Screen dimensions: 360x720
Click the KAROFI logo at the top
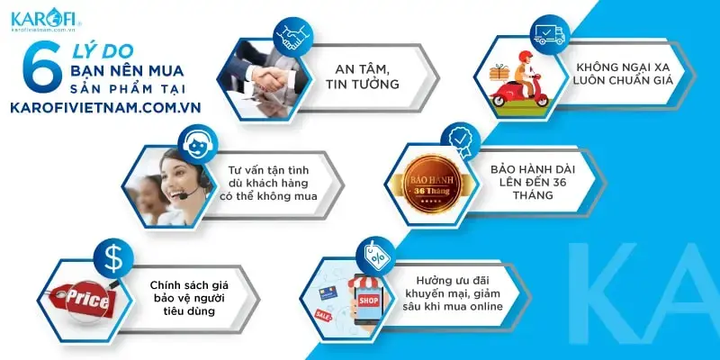point(45,19)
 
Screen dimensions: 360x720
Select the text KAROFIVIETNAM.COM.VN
point(103,106)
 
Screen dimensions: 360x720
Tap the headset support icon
point(197,142)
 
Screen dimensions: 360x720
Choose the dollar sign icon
point(113,259)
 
